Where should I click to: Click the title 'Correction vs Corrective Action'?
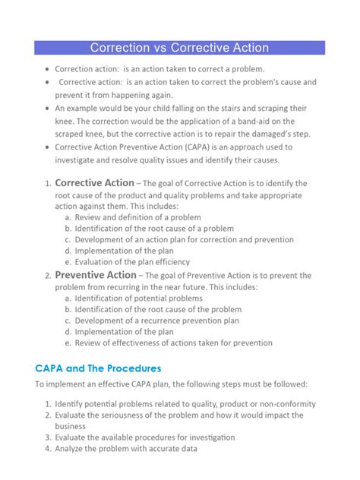pyautogui.click(x=179, y=48)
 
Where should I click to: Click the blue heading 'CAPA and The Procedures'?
pyautogui.click(x=99, y=368)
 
